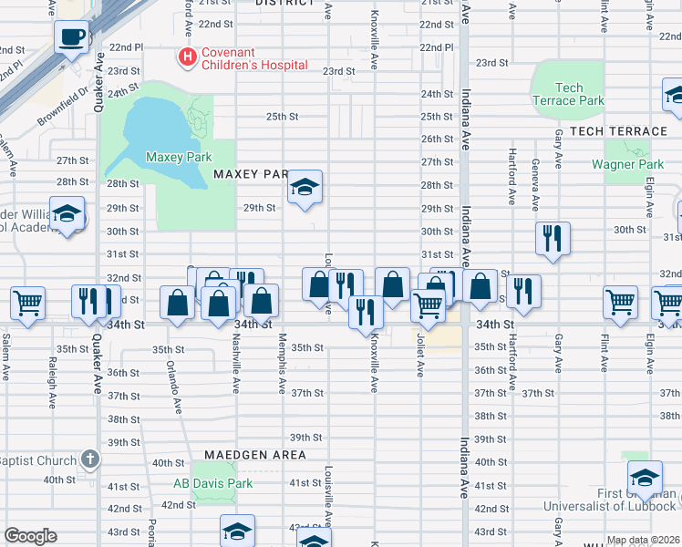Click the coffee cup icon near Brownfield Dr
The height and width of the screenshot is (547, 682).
(x=70, y=37)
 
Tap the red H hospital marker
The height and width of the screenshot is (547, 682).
(x=188, y=57)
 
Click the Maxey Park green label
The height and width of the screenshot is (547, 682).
(x=179, y=157)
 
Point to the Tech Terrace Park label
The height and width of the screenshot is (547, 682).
(x=569, y=94)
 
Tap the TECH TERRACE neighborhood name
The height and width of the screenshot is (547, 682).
(x=618, y=131)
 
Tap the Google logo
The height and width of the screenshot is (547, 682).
(x=30, y=536)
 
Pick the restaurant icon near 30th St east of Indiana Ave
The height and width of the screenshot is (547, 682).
(x=553, y=239)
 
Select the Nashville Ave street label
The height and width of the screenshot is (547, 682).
(x=235, y=363)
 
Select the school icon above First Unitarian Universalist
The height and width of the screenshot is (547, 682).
(x=645, y=478)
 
